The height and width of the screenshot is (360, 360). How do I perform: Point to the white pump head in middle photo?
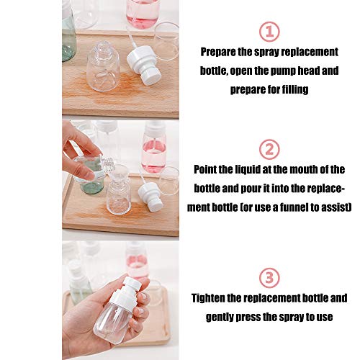tap(152, 193)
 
